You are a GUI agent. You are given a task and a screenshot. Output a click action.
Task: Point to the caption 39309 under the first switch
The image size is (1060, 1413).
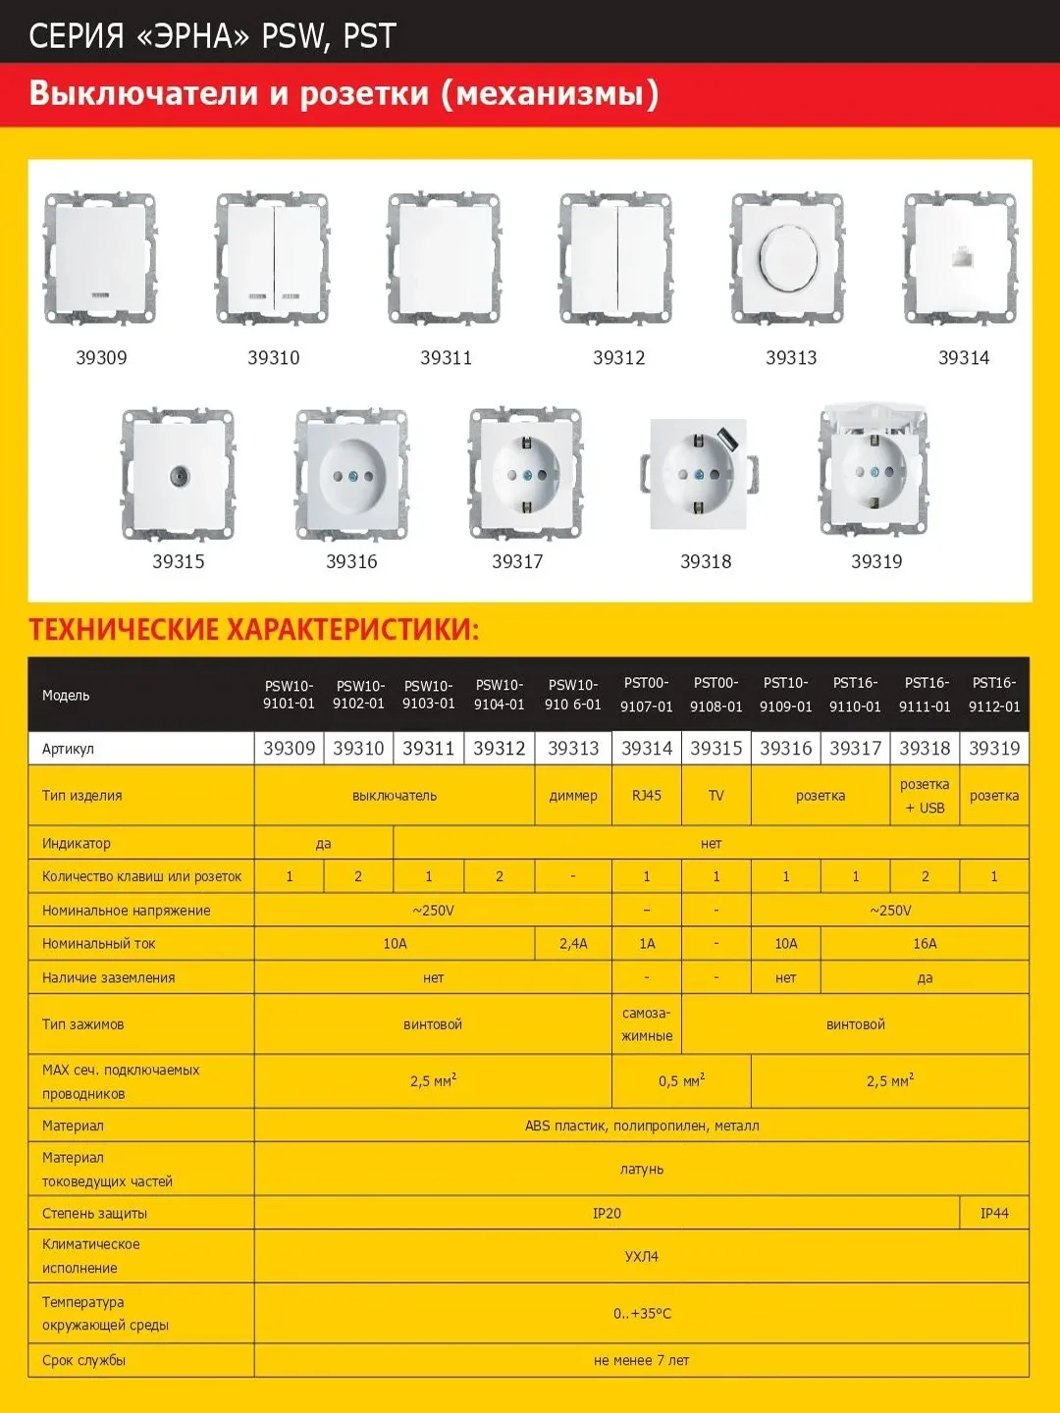click(x=101, y=358)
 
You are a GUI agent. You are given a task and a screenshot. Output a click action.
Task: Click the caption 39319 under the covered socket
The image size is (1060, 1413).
click(x=876, y=561)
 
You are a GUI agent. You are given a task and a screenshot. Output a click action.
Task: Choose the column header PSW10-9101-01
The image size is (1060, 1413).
click(x=289, y=695)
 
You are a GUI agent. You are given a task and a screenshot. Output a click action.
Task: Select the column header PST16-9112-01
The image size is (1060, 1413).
click(x=994, y=695)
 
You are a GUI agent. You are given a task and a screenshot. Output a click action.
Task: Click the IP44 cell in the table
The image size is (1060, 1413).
click(x=994, y=1214)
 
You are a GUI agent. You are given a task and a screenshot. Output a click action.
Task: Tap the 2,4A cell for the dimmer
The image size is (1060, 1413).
click(x=573, y=944)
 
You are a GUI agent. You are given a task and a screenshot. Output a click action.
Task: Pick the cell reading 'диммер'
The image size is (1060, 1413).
click(x=573, y=796)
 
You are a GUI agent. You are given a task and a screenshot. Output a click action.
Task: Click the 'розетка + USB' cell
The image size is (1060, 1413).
click(x=925, y=796)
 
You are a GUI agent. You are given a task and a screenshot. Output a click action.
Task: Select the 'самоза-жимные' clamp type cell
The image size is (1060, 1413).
click(x=647, y=1024)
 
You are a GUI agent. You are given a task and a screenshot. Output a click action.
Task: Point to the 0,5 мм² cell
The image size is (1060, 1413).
click(x=681, y=1081)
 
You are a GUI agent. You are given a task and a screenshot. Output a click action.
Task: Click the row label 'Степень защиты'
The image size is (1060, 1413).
click(x=95, y=1214)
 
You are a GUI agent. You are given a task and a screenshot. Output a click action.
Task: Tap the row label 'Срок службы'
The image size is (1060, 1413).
click(x=84, y=1361)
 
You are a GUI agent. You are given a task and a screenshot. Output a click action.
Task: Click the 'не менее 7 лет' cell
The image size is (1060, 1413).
click(x=642, y=1361)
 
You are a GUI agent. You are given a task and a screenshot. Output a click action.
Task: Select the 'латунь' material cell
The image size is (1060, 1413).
click(x=642, y=1170)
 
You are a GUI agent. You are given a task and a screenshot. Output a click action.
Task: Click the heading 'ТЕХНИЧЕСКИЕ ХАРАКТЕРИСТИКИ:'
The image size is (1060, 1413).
click(x=254, y=630)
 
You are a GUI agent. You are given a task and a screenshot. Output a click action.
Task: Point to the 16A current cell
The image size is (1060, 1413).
click(x=925, y=944)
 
